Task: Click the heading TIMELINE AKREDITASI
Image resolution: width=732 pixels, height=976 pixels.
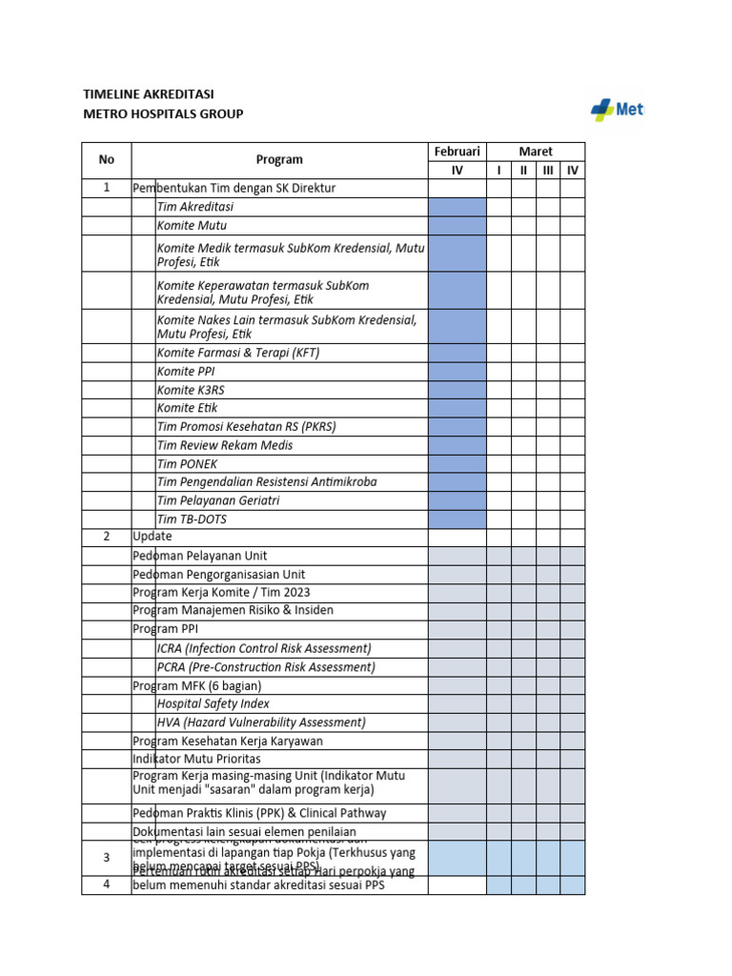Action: [149, 93]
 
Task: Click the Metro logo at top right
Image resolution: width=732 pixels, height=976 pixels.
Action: [616, 110]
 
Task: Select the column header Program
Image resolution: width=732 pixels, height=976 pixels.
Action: [279, 160]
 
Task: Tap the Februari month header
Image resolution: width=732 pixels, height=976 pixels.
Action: [457, 152]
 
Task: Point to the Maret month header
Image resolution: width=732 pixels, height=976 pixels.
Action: [535, 152]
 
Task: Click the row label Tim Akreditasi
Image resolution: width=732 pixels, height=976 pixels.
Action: [195, 207]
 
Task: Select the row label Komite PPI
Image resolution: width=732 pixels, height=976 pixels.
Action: [187, 371]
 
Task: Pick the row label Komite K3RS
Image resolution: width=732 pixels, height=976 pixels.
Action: [191, 390]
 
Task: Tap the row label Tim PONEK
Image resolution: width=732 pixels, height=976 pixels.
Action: [187, 463]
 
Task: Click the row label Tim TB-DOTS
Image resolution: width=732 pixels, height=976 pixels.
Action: [192, 519]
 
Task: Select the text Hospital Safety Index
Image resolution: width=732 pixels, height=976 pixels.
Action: [213, 703]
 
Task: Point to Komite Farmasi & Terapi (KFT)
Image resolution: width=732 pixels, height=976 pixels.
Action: [238, 353]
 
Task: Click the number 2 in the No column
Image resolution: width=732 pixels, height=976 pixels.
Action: [106, 537]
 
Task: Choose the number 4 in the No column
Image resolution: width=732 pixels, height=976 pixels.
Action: [106, 884]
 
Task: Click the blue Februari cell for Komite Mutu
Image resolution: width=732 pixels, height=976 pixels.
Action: [457, 226]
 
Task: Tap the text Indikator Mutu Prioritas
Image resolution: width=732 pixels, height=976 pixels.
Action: [196, 759]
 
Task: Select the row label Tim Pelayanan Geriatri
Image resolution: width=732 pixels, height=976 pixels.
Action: [218, 500]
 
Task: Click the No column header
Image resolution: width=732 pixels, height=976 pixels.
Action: [106, 160]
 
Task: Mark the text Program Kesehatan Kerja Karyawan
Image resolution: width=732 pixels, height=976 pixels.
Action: [228, 741]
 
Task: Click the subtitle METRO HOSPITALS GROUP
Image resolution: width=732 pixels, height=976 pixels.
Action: [163, 114]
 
